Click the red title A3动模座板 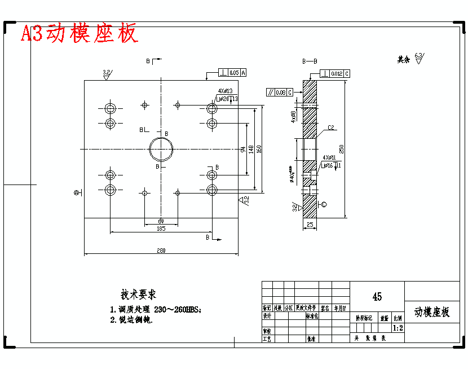80,34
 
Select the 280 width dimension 161,251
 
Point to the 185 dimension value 161,229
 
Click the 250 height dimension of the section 341,148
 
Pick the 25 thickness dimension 310,225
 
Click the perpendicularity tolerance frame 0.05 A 233,73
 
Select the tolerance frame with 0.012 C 335,73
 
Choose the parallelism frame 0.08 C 280,91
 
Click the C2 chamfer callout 332,128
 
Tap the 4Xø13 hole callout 226,90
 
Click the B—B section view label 310,61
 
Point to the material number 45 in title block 377,296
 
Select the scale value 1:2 398,327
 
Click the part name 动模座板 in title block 432,312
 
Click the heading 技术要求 138,295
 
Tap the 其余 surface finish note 403,59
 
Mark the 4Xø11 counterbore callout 329,157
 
